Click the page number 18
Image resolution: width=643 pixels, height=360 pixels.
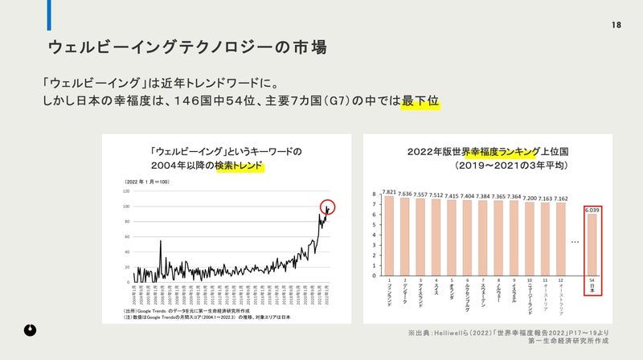616,25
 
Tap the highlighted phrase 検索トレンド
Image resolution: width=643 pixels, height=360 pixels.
239,166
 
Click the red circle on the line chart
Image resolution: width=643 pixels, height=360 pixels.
327,207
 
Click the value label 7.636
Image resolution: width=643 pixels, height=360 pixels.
405,194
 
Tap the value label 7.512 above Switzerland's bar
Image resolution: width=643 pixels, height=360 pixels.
436,194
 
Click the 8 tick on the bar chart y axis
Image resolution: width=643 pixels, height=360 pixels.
375,194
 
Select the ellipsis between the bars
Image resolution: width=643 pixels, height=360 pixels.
575,241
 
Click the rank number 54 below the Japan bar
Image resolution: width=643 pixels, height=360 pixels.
591,281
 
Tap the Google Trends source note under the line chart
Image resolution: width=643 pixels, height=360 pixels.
180,310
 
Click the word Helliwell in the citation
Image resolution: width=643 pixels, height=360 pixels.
469,332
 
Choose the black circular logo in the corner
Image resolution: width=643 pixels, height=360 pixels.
29,329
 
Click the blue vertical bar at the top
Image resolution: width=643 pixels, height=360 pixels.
49,15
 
